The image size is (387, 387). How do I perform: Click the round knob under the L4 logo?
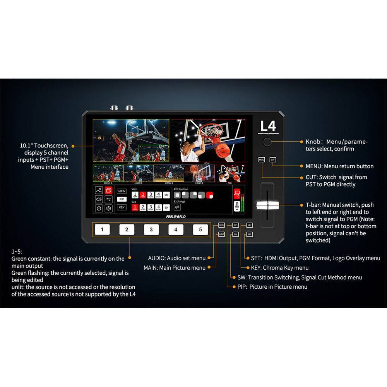tap(267, 142)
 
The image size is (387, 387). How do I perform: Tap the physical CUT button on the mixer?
tap(273, 159)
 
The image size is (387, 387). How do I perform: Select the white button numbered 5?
tap(200, 229)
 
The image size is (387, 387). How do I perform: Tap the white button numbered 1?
tap(102, 229)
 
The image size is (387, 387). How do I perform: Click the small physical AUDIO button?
tap(221, 234)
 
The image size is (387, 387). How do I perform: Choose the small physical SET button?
tap(250, 234)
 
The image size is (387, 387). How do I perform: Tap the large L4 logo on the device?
tap(268, 127)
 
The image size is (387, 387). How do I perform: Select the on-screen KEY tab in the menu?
tap(122, 207)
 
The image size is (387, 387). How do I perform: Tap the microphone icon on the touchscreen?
tap(236, 206)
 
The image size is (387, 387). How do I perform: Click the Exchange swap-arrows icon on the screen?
tap(177, 207)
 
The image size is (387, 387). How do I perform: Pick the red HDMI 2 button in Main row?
tap(143, 195)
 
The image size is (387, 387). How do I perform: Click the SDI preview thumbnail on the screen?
tap(230, 173)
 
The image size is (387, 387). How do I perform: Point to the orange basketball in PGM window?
tap(223, 151)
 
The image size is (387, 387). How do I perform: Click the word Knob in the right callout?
tap(313, 142)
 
